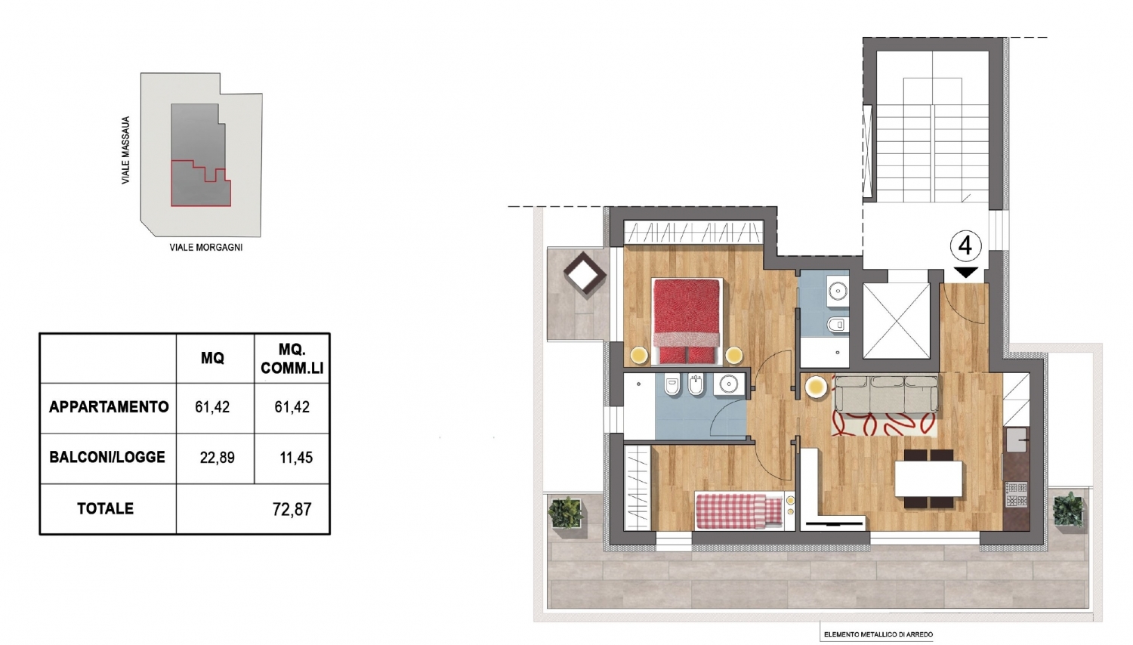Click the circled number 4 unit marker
coord(965,246)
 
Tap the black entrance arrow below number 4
coord(965,272)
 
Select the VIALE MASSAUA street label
coord(125,150)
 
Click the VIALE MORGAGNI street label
coord(206,248)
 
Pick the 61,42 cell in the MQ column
coord(212,407)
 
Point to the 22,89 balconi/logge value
coord(217,458)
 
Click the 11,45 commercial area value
coord(296,458)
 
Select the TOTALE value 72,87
coord(292,509)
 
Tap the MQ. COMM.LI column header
coord(292,359)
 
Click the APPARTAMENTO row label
coord(109,407)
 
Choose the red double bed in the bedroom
coord(687,321)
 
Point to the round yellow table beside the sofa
coord(816,387)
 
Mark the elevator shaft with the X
coord(897,321)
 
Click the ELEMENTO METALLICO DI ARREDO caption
coord(878,634)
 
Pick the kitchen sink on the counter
coord(1017,440)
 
